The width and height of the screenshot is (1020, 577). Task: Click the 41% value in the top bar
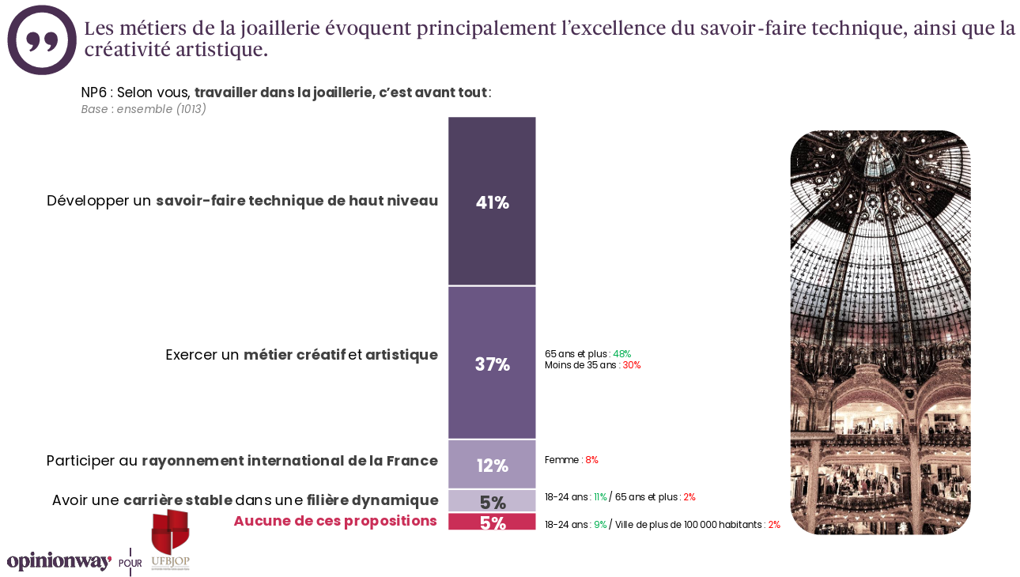[x=492, y=202]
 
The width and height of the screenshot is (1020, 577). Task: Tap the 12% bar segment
[x=492, y=466]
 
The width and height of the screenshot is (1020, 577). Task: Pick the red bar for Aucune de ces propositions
[x=492, y=522]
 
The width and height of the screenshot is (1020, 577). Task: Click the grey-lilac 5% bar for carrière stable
[x=492, y=501]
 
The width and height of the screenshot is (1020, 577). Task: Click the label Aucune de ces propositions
[x=335, y=521]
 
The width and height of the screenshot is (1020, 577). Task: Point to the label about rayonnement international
[x=242, y=461]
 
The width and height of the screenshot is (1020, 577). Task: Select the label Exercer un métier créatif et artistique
[x=301, y=355]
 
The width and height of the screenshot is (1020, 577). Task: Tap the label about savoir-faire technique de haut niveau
[x=242, y=201]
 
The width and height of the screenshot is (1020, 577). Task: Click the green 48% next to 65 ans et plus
[x=621, y=354]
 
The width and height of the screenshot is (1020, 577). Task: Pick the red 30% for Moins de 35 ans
[x=631, y=365]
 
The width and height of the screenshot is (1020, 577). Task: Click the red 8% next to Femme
[x=591, y=460]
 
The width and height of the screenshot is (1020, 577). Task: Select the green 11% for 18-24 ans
[x=599, y=497]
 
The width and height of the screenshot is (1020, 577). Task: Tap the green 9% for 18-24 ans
[x=599, y=525]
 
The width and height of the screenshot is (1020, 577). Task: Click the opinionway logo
[x=59, y=562]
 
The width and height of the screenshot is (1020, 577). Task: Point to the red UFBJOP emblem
[x=170, y=532]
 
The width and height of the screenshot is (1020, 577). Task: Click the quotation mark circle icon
[x=41, y=40]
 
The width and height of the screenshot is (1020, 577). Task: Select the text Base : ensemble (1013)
[x=143, y=109]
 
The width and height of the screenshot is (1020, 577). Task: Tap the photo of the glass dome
[x=880, y=332]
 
